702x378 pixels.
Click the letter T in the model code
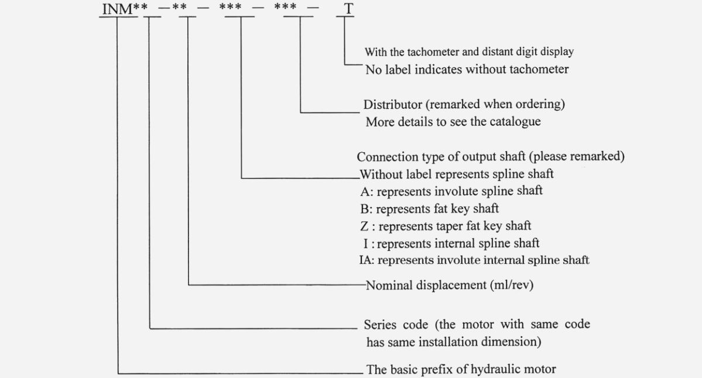[349, 9]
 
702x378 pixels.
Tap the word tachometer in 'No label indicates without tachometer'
[537, 69]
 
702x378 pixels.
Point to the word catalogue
[513, 122]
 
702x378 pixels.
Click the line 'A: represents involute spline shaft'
[451, 191]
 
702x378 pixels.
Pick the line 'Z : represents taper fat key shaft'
[446, 225]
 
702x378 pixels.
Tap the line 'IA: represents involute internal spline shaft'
[474, 260]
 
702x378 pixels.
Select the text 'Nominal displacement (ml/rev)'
[450, 286]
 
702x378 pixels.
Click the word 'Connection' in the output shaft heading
[386, 157]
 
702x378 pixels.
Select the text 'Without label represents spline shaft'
[457, 174]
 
